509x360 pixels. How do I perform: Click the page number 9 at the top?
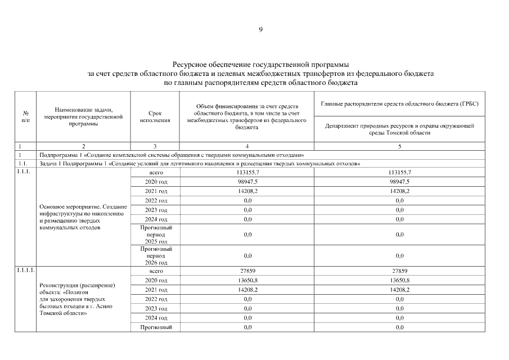point(260,29)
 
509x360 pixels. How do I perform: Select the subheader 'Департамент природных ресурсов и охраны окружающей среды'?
point(399,129)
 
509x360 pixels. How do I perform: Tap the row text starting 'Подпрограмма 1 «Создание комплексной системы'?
point(172,154)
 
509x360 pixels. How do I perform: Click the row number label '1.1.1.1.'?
point(26,271)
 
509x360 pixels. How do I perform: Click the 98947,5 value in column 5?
point(399,182)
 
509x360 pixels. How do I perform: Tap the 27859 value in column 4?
point(247,271)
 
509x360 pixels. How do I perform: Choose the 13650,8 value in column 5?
point(399,280)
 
